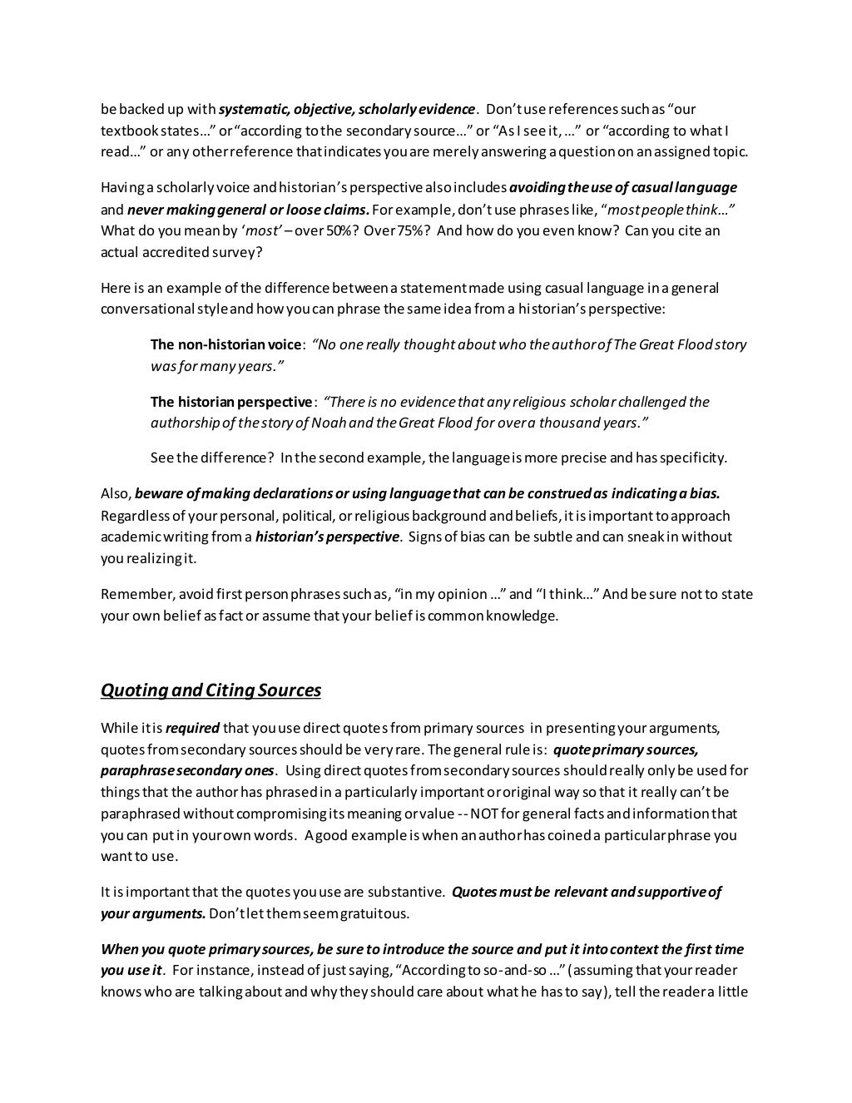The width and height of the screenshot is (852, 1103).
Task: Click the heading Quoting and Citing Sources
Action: coord(211,690)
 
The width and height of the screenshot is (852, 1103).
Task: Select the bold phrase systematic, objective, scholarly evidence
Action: coord(347,109)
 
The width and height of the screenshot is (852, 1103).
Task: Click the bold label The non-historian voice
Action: coord(225,344)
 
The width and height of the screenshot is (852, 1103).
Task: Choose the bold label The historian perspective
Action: coord(231,402)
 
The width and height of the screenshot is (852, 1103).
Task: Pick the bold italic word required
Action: coord(192,729)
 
